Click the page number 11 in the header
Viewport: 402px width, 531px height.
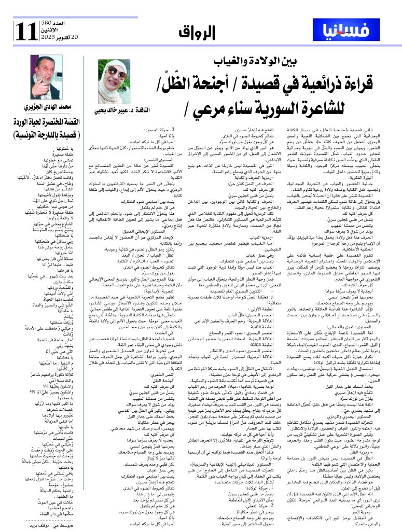click(26, 33)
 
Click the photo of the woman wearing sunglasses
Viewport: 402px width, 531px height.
click(115, 81)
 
